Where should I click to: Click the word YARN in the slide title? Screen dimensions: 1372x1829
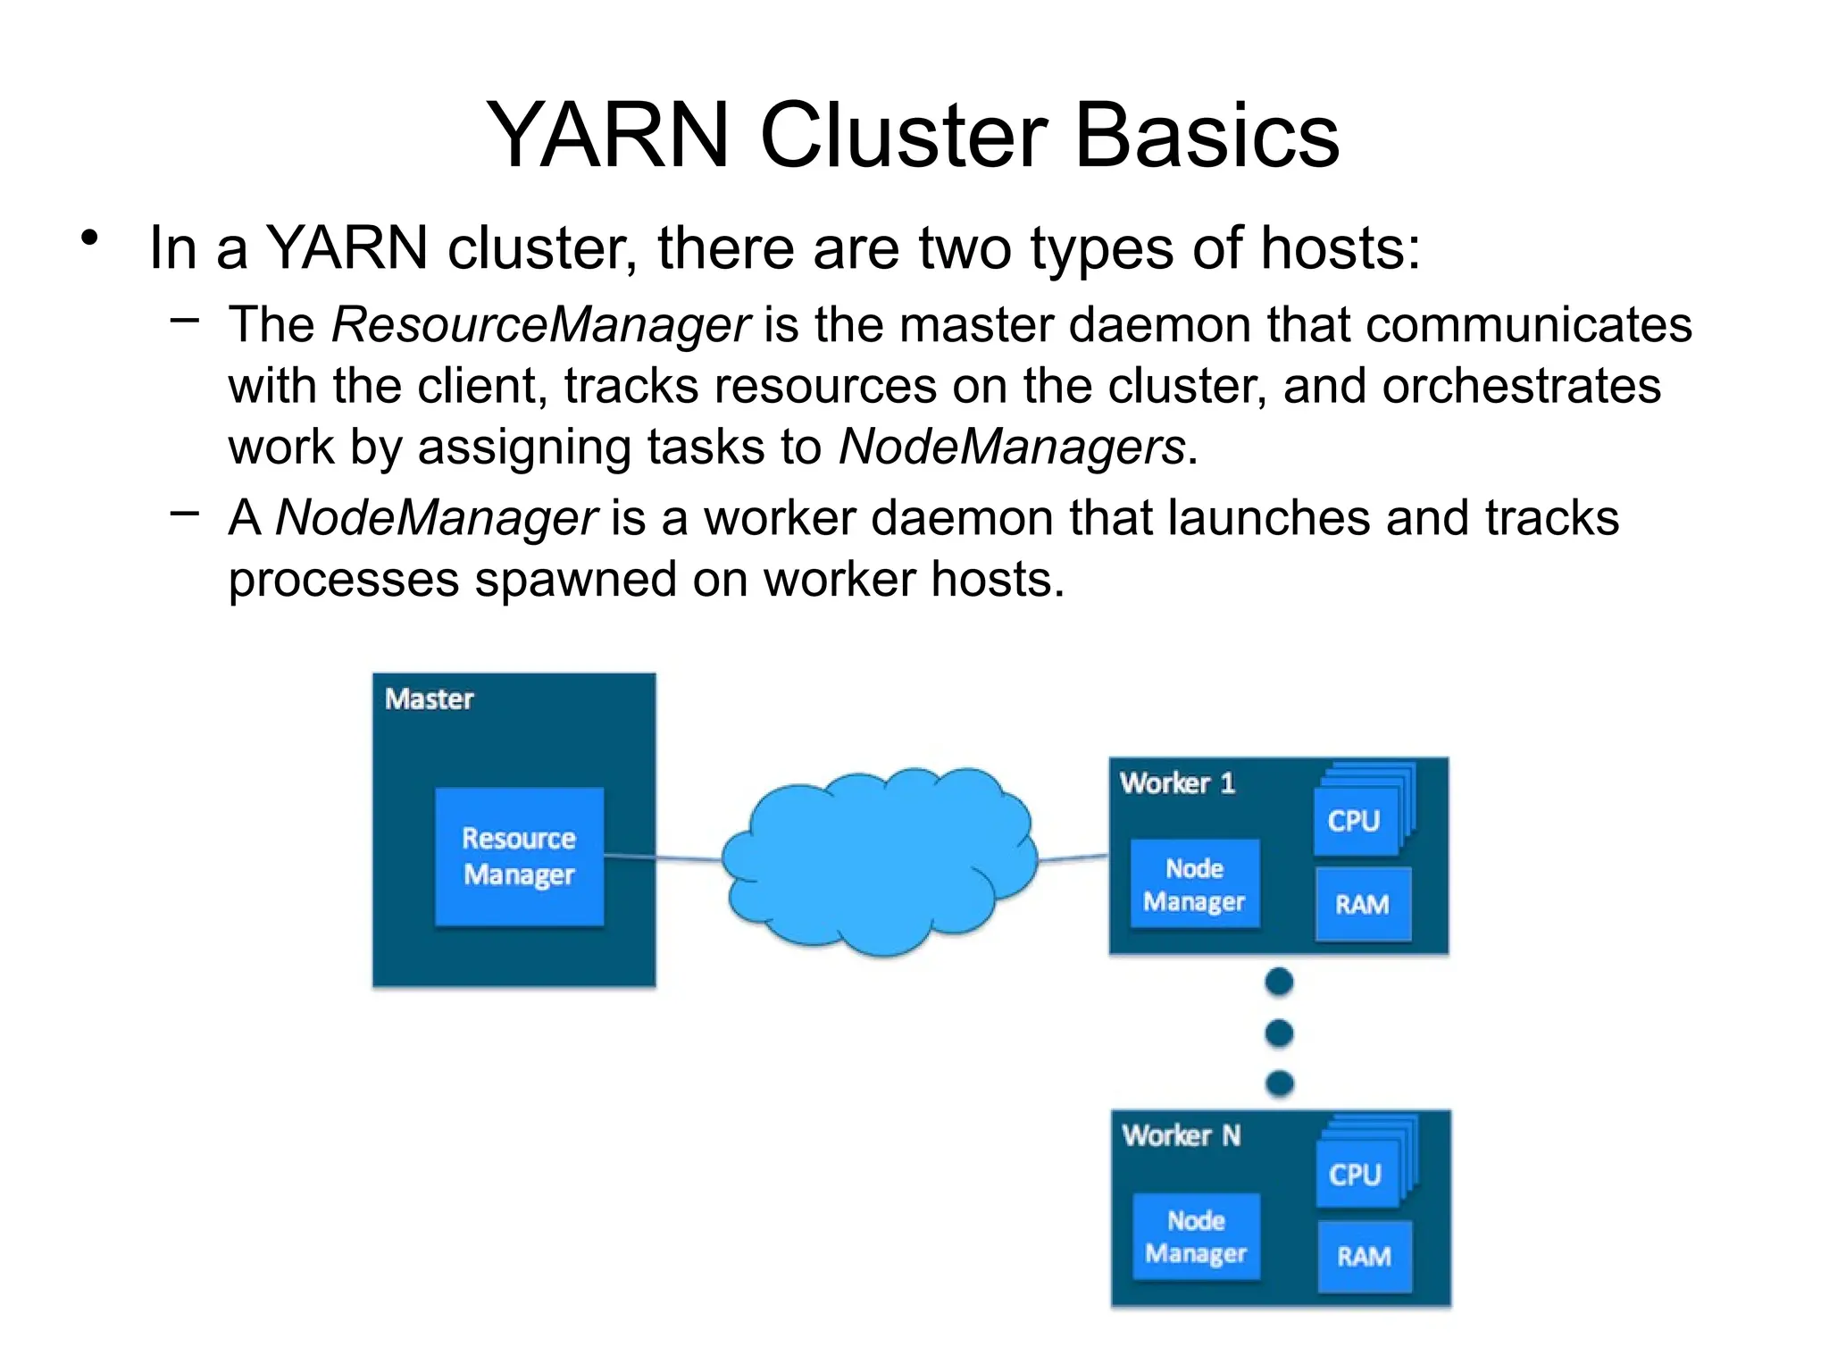607,136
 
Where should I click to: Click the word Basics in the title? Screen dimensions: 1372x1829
1207,136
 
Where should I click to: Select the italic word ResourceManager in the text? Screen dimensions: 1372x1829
540,324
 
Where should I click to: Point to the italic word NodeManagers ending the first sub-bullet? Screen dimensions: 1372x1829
1011,447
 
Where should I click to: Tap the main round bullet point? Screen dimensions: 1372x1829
88,238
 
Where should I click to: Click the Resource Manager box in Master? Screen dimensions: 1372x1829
519,857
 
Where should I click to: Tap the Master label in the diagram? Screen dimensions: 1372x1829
429,699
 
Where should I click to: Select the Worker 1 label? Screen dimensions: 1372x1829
1177,783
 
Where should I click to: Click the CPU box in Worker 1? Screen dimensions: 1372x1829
1355,821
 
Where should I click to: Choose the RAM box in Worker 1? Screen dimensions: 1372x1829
1363,904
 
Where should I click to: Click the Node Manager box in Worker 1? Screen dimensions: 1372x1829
1194,884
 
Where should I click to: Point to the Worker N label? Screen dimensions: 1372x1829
1181,1135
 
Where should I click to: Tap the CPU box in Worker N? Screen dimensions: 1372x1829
1356,1174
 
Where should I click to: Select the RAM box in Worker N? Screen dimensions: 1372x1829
1365,1257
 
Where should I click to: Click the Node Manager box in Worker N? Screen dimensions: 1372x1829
1196,1237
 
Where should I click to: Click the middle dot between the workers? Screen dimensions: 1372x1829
1279,1033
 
